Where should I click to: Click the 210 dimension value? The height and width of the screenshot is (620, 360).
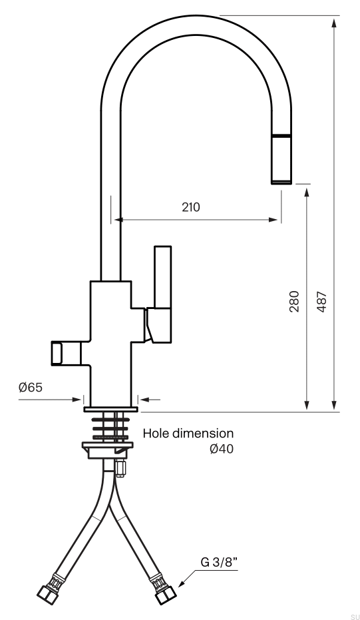point(191,207)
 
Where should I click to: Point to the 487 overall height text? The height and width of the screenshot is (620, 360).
point(321,301)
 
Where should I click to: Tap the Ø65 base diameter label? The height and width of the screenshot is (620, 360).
point(31,388)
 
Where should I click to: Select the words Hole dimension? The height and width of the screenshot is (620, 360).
point(188,434)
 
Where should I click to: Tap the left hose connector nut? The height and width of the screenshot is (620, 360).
point(48,593)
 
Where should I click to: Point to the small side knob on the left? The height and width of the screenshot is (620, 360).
point(65,353)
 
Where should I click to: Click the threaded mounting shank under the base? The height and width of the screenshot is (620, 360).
point(110,426)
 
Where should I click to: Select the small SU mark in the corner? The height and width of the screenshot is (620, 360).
point(353,617)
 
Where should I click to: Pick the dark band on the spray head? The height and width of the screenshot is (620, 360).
point(281,135)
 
